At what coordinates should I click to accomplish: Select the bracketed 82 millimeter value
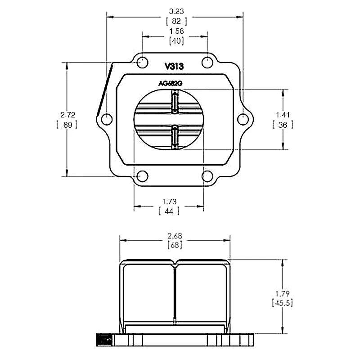pos(176,21)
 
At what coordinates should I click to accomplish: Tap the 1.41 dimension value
pos(283,114)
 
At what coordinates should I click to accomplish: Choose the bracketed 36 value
pos(283,125)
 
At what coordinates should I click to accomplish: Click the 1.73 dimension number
pos(169,201)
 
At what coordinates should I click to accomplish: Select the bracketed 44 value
pos(169,211)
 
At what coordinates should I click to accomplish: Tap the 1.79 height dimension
pos(283,293)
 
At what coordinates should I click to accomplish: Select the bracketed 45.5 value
pos(283,303)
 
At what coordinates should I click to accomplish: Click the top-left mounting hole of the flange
pos(142,62)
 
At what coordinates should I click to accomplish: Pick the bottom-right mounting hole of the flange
pos(208,176)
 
